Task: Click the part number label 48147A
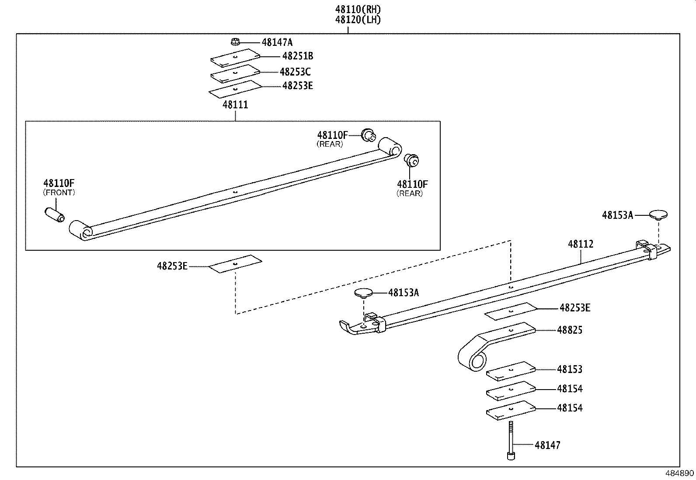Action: [x=277, y=42]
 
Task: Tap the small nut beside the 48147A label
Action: [x=235, y=42]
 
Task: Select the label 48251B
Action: [x=297, y=56]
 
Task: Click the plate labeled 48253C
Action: [x=235, y=73]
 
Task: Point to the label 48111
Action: [x=235, y=105]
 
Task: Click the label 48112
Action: [x=581, y=244]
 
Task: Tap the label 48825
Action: [x=570, y=330]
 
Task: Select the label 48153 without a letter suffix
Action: [x=570, y=369]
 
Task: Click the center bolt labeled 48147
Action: [x=511, y=441]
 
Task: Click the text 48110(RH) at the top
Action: [x=358, y=9]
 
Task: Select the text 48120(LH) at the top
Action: [x=358, y=19]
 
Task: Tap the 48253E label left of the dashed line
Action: [x=172, y=266]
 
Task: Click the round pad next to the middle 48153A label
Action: [x=363, y=292]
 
